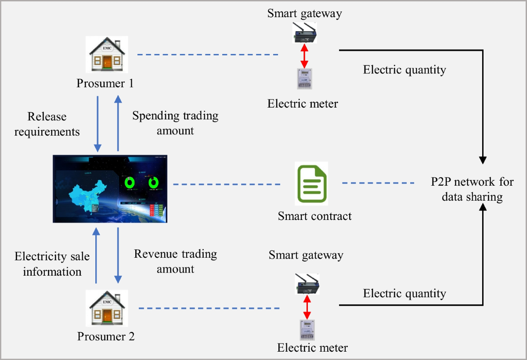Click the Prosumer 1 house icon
point(107,55)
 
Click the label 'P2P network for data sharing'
point(472,189)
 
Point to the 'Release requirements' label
point(47,124)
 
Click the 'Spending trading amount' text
point(175,123)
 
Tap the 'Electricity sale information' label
point(52,264)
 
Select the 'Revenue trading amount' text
point(175,261)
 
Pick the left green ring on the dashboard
point(131,183)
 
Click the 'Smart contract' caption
point(314,216)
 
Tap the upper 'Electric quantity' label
point(404,69)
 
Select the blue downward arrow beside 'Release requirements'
point(98,123)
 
